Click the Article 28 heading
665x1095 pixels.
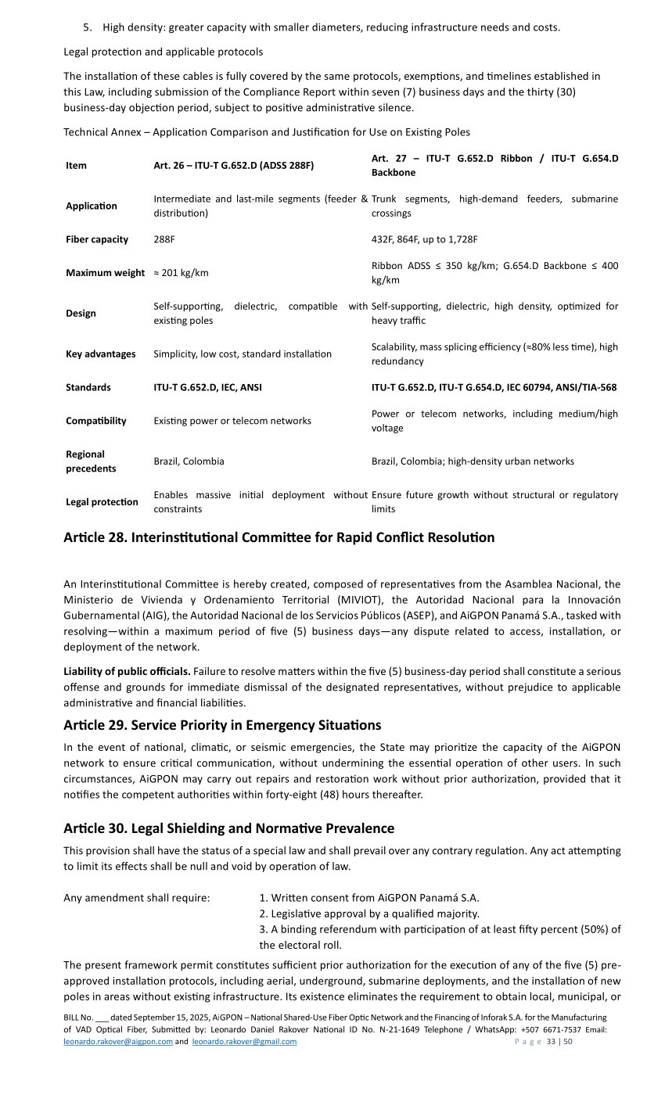click(279, 537)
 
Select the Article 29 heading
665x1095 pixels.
click(222, 724)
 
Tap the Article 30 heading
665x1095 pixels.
click(228, 828)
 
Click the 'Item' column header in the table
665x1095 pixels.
click(76, 166)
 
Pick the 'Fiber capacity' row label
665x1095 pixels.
click(97, 239)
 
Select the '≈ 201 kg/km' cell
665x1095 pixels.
click(181, 273)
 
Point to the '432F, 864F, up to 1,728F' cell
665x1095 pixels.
click(424, 239)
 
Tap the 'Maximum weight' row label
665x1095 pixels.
click(105, 273)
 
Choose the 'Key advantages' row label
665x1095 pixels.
click(100, 354)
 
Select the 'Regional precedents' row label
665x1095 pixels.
click(91, 461)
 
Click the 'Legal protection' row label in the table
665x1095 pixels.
click(102, 502)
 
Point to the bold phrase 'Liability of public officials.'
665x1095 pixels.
click(127, 671)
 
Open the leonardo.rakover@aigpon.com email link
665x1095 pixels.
click(118, 1042)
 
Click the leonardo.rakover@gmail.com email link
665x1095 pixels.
click(244, 1042)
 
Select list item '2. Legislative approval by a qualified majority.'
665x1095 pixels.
click(369, 914)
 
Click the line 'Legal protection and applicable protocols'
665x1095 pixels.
click(163, 52)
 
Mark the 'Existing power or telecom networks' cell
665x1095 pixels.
click(232, 421)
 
